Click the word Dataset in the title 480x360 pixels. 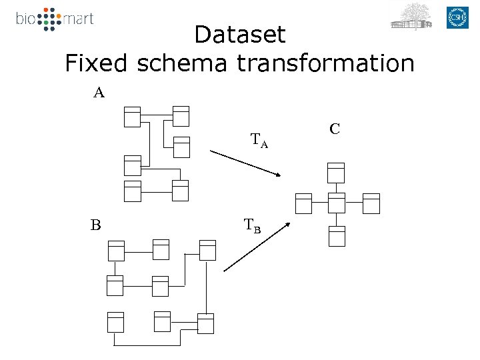tap(239, 35)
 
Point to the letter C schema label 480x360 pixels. tap(335, 128)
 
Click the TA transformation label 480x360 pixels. tap(259, 141)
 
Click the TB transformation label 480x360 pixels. tap(252, 226)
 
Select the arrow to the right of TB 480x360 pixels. tap(257, 246)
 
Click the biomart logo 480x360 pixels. tap(55, 19)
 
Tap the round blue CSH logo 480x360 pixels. tap(458, 17)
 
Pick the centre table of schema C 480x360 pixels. tap(337, 203)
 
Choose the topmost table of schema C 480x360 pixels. tap(336, 172)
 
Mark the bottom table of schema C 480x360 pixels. tap(337, 236)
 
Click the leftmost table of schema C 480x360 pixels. tap(303, 203)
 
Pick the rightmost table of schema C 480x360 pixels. tap(371, 203)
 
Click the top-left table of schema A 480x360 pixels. tap(132, 116)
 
